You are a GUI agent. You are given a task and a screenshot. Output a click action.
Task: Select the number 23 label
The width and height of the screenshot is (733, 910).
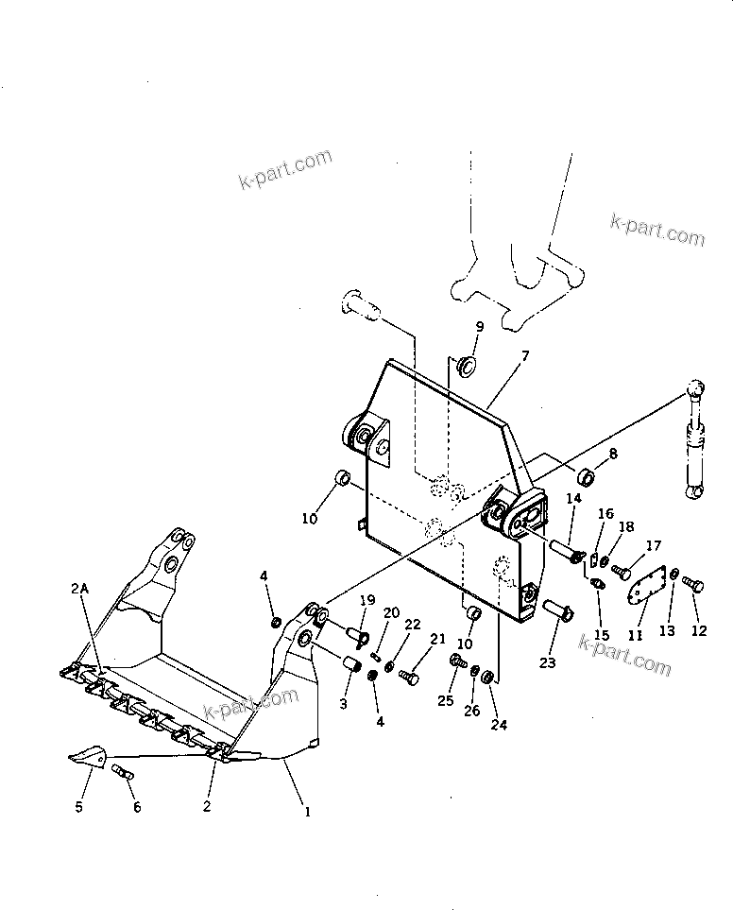(x=548, y=662)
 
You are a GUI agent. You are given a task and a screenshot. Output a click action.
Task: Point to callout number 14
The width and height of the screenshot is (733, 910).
(x=573, y=498)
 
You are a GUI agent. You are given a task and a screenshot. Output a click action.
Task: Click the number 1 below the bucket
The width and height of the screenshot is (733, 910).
(x=304, y=811)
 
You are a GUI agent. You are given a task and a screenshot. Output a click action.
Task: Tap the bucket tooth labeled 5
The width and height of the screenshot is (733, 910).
(x=88, y=753)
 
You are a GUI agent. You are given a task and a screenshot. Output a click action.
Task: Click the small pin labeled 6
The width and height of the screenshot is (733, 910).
(x=124, y=773)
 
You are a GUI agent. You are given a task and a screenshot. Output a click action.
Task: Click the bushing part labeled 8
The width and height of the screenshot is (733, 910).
(x=585, y=474)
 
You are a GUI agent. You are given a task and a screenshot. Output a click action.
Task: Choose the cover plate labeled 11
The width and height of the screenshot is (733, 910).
(x=648, y=590)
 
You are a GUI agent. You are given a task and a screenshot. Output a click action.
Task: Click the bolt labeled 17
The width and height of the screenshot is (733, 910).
(x=622, y=572)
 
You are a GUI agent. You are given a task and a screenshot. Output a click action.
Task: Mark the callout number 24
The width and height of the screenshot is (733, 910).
(x=499, y=726)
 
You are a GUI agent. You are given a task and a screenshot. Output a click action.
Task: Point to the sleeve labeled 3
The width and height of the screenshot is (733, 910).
(x=353, y=664)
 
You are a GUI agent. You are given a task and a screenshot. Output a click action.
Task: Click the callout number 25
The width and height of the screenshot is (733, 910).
(x=445, y=700)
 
